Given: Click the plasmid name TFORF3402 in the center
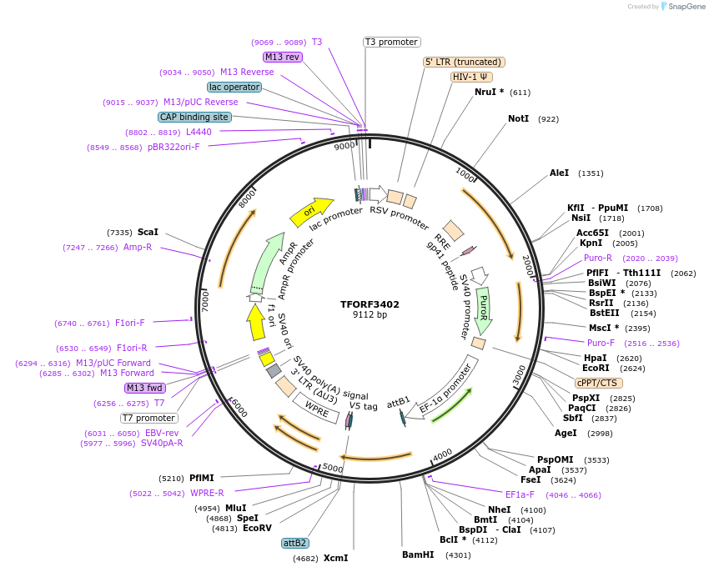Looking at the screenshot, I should tap(370, 304).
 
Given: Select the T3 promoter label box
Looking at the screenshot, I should tap(392, 42).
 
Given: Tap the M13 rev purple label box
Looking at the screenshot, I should tap(282, 57).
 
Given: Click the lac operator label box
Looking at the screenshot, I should tap(234, 87).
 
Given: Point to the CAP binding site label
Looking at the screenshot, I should tap(194, 118).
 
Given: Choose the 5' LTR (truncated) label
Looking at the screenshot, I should tap(464, 62).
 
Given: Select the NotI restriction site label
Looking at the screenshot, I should tap(518, 119).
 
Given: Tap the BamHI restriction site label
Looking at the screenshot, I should tap(418, 554).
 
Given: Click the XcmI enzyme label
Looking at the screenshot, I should tap(335, 558).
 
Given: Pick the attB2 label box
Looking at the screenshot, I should tap(295, 543).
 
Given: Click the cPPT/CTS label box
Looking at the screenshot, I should tap(598, 383).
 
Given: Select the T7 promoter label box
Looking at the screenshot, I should tap(149, 418).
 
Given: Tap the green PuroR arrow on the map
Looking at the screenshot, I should tap(483, 305).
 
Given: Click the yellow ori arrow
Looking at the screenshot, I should tap(310, 212).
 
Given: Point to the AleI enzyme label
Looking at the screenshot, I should tap(559, 173).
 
